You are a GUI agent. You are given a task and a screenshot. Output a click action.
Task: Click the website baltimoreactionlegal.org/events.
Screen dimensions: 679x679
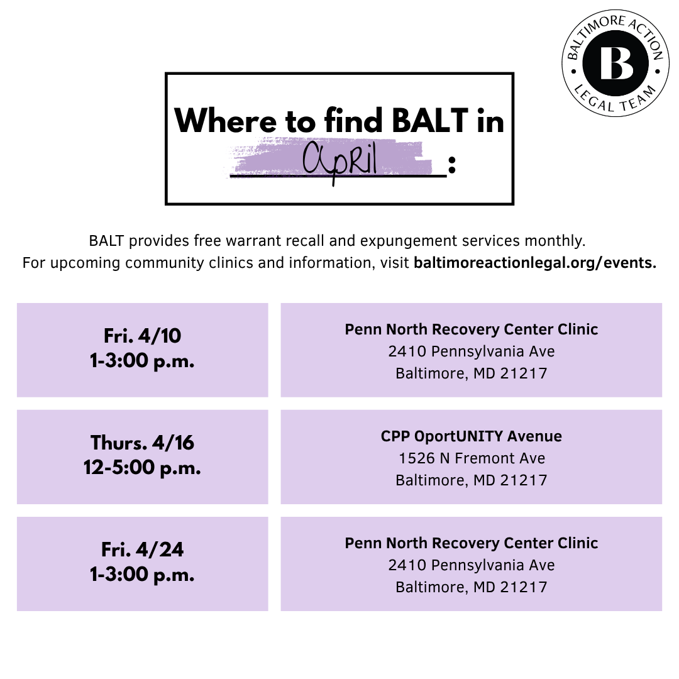535,263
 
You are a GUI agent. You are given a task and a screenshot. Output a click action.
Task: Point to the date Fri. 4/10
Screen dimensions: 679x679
142,336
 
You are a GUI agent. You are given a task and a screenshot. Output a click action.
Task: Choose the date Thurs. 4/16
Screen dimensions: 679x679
142,443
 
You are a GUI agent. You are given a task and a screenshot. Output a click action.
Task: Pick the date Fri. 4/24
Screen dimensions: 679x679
142,549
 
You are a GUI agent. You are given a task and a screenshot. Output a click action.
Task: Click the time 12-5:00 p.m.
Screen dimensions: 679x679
142,467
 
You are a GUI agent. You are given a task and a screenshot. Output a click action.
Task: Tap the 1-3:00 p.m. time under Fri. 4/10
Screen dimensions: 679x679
142,361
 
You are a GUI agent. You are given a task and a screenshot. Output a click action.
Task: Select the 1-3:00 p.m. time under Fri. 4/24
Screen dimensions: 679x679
142,575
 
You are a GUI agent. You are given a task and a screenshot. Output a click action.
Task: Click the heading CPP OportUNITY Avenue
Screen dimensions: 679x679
472,436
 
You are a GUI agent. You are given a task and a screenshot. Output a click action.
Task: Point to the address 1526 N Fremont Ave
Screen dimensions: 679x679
472,458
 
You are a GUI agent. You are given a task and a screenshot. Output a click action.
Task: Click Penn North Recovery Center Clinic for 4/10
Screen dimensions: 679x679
472,329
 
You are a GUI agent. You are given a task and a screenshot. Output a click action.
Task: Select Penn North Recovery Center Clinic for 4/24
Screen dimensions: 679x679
472,543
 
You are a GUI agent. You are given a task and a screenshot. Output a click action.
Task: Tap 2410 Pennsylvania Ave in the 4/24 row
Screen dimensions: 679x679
472,565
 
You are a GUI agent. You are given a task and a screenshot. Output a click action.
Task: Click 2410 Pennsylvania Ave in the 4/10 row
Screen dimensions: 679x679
472,351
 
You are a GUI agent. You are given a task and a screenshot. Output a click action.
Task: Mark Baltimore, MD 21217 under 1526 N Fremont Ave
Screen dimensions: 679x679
472,480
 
